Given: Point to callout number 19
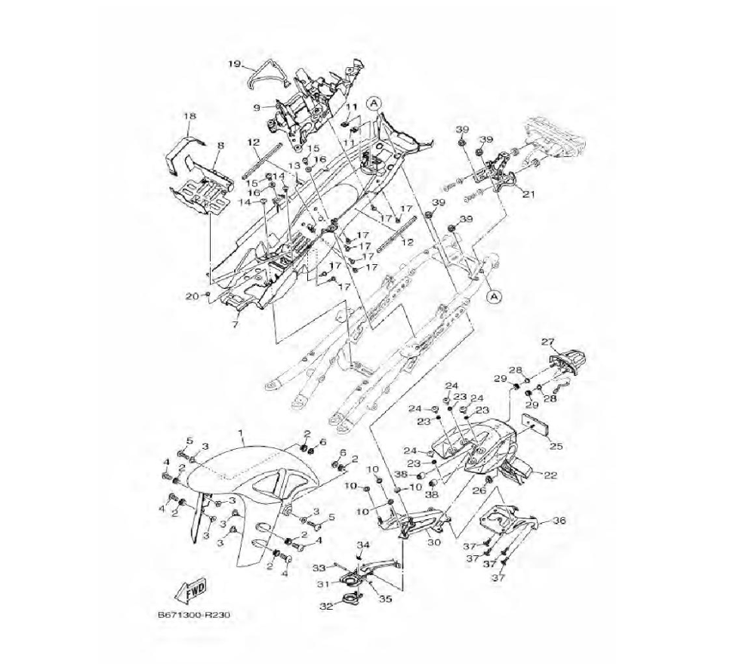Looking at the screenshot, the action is click(x=234, y=64).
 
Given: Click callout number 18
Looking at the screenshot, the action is click(x=190, y=116).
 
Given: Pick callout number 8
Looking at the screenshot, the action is click(x=220, y=144).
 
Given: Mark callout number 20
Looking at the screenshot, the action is click(x=192, y=296).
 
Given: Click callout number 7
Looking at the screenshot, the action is click(x=235, y=324).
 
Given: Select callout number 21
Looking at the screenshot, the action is click(x=528, y=195).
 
